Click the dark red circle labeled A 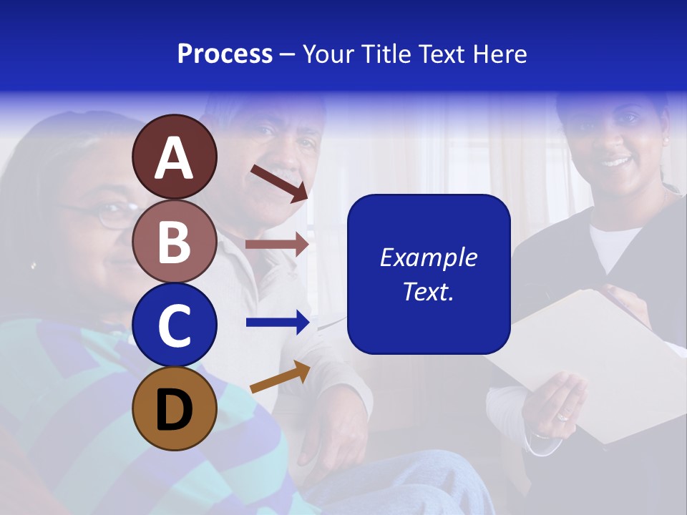pos(175,157)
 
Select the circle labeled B pos(175,241)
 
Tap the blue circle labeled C pos(175,325)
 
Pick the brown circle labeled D pos(175,408)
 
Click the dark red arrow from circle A pos(279,183)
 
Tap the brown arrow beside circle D pos(280,377)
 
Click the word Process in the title pos(225,54)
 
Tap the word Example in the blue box pos(428,257)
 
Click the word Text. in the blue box pos(428,291)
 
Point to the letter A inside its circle pos(175,159)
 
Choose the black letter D pos(175,410)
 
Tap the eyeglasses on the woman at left pos(107,214)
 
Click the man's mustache pos(286,174)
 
